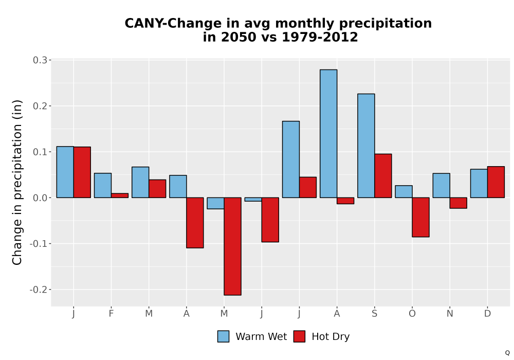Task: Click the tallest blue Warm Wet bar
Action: pyautogui.click(x=328, y=133)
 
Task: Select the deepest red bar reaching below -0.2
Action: pyautogui.click(x=232, y=246)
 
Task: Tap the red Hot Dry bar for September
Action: pyautogui.click(x=383, y=176)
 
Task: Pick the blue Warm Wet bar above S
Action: pyautogui.click(x=366, y=146)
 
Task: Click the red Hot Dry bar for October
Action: pyautogui.click(x=420, y=217)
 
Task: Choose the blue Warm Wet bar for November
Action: pyautogui.click(x=441, y=185)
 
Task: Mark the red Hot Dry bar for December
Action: pyautogui.click(x=496, y=182)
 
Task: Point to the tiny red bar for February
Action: pyautogui.click(x=120, y=195)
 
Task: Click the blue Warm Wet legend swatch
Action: pyautogui.click(x=223, y=336)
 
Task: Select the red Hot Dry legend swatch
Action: pyautogui.click(x=299, y=336)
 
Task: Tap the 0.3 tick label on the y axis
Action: pyautogui.click(x=40, y=60)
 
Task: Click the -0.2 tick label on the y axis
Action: pyautogui.click(x=39, y=290)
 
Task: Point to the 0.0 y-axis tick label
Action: pyautogui.click(x=40, y=197)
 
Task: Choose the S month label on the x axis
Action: pyautogui.click(x=374, y=314)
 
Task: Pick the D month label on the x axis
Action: pyautogui.click(x=487, y=314)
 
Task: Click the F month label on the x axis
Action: pyautogui.click(x=111, y=314)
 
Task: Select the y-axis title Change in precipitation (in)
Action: pyautogui.click(x=17, y=182)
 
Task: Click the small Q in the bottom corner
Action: pyautogui.click(x=507, y=353)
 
